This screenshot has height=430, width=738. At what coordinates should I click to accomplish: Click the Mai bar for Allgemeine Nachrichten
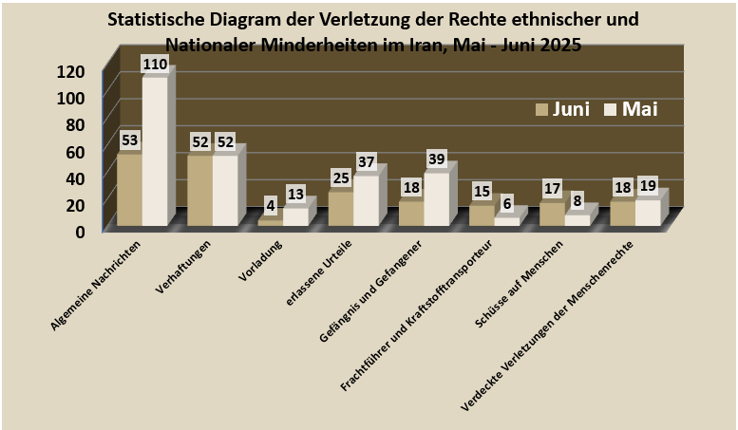coord(154,152)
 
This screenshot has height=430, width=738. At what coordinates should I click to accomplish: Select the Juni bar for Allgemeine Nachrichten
coord(129,190)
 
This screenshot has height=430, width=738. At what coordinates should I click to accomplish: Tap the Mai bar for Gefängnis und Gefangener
coord(435,199)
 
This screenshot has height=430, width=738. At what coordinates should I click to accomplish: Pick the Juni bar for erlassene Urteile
coord(340,209)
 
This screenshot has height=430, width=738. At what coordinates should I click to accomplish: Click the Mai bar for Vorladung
coord(294,216)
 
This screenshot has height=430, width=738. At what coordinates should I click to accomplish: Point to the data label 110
coord(155,65)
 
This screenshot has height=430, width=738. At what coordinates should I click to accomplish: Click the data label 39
coord(437,159)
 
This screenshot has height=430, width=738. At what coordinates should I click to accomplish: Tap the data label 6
coord(508,204)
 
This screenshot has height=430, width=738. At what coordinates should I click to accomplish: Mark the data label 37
coord(367,162)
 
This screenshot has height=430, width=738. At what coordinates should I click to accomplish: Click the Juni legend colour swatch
coord(542,109)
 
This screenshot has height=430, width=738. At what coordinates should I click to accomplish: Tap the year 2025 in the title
coord(558,44)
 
